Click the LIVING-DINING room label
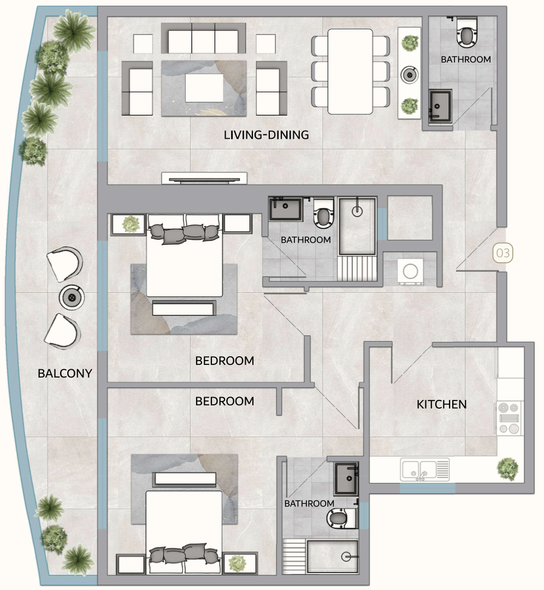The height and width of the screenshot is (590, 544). [267, 134]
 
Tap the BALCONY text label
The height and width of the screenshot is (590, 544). [64, 374]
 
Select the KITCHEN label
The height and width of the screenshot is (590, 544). [441, 404]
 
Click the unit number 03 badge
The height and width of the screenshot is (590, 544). [503, 253]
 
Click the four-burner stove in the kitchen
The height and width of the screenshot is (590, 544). [509, 418]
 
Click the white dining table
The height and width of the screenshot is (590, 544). [350, 71]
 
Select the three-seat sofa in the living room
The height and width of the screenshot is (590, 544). [203, 41]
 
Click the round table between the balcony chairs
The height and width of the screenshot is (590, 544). [71, 297]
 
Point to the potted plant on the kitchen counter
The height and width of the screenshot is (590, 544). [508, 468]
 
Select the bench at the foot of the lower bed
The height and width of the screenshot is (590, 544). [186, 479]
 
